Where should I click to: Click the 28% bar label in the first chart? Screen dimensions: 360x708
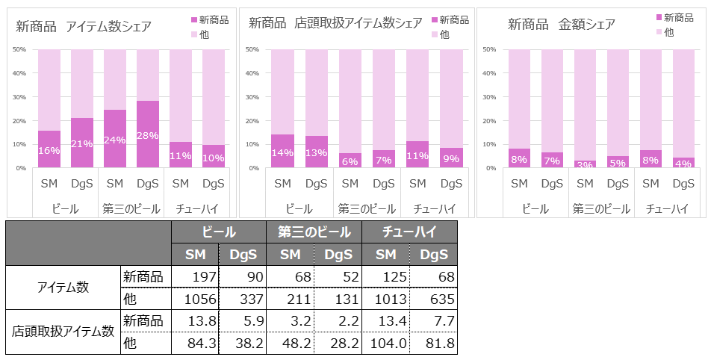[148, 135]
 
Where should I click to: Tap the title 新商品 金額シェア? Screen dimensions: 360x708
[562, 25]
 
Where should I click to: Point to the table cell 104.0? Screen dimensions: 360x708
[386, 343]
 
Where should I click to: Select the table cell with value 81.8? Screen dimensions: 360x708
[434, 343]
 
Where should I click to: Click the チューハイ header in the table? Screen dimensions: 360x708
[409, 232]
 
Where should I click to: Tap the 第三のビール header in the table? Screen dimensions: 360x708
[314, 232]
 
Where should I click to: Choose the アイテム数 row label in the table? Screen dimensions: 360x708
[63, 288]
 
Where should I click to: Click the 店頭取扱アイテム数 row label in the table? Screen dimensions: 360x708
[63, 332]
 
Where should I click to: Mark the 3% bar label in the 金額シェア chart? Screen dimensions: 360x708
[585, 164]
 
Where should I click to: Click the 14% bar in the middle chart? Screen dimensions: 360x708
[282, 152]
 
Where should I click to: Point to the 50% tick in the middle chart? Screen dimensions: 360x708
[252, 49]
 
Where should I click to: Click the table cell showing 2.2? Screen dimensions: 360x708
[338, 321]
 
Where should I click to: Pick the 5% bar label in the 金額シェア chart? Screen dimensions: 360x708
[618, 162]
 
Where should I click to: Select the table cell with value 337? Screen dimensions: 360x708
[243, 299]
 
